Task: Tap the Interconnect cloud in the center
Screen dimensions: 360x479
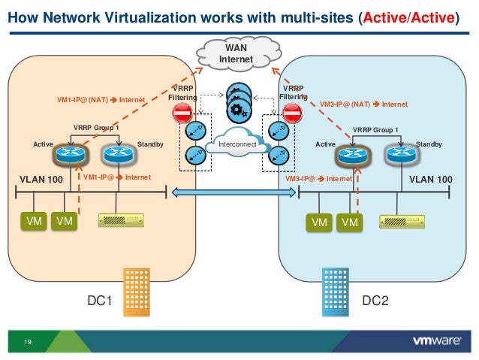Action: (237, 144)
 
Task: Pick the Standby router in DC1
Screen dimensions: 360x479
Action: (117, 156)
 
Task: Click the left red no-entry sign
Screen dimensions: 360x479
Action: (182, 114)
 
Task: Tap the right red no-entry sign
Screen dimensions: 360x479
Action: (293, 114)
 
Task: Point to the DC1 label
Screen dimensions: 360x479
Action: (99, 301)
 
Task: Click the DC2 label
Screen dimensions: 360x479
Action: (375, 301)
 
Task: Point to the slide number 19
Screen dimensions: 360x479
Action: (28, 343)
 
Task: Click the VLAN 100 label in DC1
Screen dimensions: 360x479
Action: (41, 179)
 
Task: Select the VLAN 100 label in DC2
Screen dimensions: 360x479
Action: (431, 179)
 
